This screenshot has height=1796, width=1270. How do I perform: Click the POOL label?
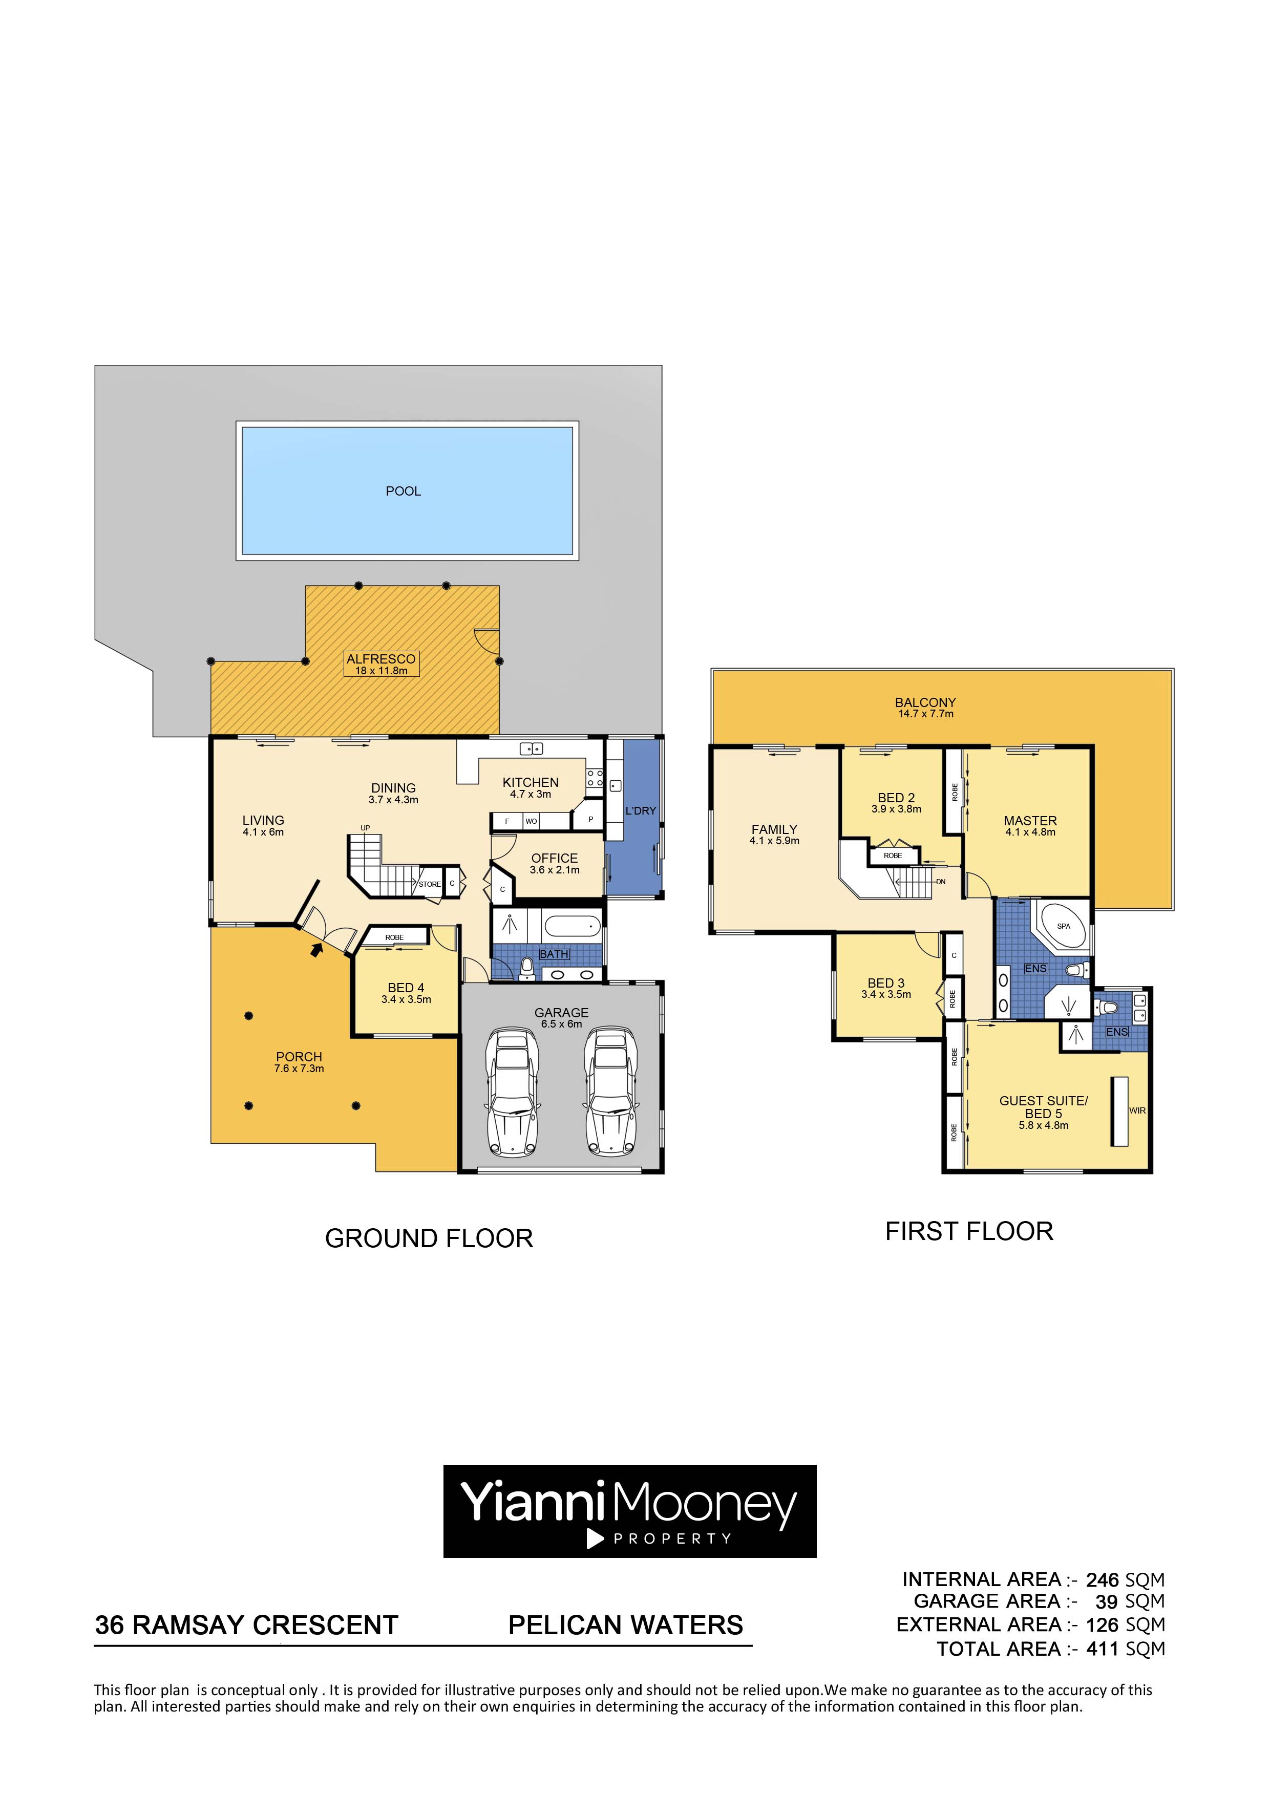coord(403,491)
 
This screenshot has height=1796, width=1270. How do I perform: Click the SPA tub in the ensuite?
coord(1063,926)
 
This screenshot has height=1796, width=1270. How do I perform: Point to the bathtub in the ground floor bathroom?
coord(573,927)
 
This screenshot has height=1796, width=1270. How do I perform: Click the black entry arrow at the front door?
coord(316,950)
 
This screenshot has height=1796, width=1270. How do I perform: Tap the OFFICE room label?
coord(554,858)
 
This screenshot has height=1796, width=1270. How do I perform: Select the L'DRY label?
coord(640,811)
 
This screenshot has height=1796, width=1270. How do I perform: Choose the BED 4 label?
coord(406,988)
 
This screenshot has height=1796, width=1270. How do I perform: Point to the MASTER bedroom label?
coord(1030,821)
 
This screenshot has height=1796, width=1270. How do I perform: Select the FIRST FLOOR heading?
coord(969,1231)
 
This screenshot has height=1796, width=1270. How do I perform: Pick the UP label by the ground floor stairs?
coord(366,827)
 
